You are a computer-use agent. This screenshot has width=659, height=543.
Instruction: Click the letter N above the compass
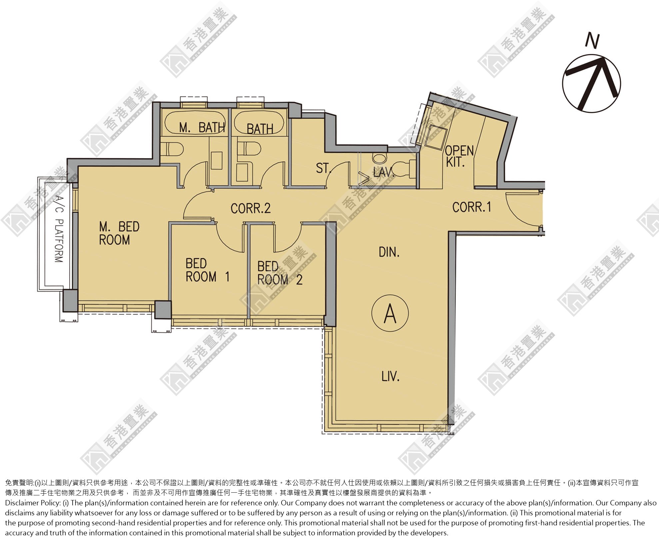click(x=592, y=41)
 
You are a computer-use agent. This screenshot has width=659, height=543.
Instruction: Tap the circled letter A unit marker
click(x=390, y=313)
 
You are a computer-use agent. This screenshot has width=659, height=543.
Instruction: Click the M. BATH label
click(x=202, y=127)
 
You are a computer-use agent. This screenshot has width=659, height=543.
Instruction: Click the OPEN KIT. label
click(x=459, y=156)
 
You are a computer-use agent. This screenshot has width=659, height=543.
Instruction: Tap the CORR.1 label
click(x=471, y=207)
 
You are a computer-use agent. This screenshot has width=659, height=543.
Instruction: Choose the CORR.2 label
click(x=251, y=208)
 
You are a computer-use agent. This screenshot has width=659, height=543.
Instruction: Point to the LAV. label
click(x=384, y=172)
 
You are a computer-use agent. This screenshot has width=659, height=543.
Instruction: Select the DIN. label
click(x=389, y=252)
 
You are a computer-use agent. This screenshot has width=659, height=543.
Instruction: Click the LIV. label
click(x=390, y=376)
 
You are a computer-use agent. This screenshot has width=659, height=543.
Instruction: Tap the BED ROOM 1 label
click(x=207, y=270)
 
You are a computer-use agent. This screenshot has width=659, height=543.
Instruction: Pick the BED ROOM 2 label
click(x=280, y=273)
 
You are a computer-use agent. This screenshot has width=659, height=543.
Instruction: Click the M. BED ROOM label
click(x=119, y=233)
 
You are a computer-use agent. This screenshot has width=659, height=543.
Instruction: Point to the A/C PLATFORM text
click(x=59, y=229)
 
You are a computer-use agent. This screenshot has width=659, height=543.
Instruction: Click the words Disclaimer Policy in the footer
click(x=33, y=503)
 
